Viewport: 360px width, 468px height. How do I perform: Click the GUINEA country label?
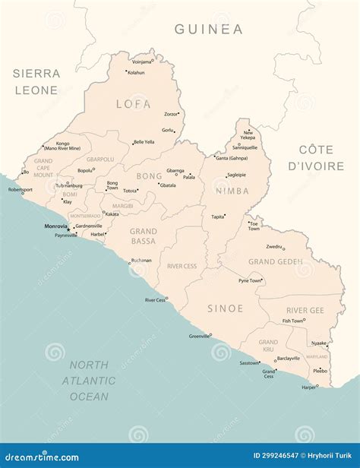(209, 30)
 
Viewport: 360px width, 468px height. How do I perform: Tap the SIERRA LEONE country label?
(36, 82)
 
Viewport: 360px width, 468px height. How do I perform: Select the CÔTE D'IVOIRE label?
(321, 158)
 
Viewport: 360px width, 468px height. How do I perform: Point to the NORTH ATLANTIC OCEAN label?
(89, 381)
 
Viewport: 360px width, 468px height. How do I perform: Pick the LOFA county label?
(133, 104)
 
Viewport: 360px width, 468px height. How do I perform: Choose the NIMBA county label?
(232, 191)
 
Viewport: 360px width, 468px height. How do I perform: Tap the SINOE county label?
(226, 308)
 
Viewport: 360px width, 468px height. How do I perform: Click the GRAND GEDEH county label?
(276, 262)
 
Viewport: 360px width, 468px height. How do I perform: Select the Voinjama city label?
(141, 62)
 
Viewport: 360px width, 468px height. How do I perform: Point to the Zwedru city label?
(273, 247)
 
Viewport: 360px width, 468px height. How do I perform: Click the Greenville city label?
(199, 336)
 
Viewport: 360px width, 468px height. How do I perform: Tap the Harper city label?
(308, 387)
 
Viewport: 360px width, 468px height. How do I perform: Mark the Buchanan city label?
(141, 261)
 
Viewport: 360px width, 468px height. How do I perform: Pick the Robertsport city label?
(21, 190)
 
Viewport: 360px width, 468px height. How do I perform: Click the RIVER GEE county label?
(305, 310)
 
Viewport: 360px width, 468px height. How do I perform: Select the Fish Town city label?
(292, 321)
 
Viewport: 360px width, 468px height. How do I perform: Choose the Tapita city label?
(217, 217)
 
